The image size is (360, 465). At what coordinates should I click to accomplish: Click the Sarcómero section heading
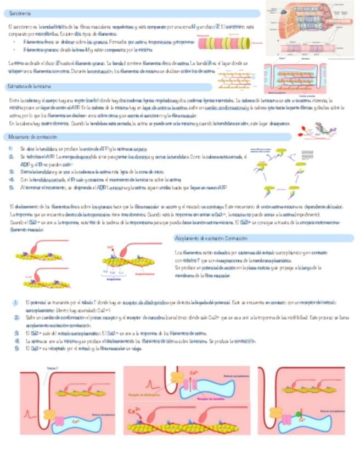[x=20, y=13]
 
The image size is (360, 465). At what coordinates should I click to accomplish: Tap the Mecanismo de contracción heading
[x=31, y=137]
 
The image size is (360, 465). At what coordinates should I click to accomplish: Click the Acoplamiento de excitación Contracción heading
[x=211, y=239]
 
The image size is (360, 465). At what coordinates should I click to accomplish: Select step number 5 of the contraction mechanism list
[x=10, y=188]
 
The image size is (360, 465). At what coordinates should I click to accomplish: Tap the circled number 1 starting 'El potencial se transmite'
[x=17, y=302]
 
